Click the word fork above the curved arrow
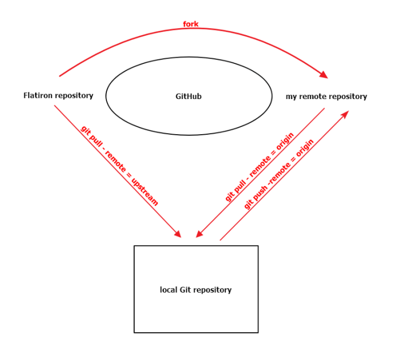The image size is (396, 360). tap(190, 24)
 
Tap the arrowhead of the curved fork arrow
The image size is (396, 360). tap(324, 75)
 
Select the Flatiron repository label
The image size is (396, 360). tap(58, 96)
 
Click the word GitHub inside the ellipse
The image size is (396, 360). tap(188, 97)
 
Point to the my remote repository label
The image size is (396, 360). tap(326, 97)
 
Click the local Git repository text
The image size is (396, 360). tap(196, 290)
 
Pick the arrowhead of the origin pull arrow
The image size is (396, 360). tap(199, 234)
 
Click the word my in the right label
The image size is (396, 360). tap(291, 97)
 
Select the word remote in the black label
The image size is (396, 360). tap(312, 97)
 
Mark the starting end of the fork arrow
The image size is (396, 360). tap(59, 76)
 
